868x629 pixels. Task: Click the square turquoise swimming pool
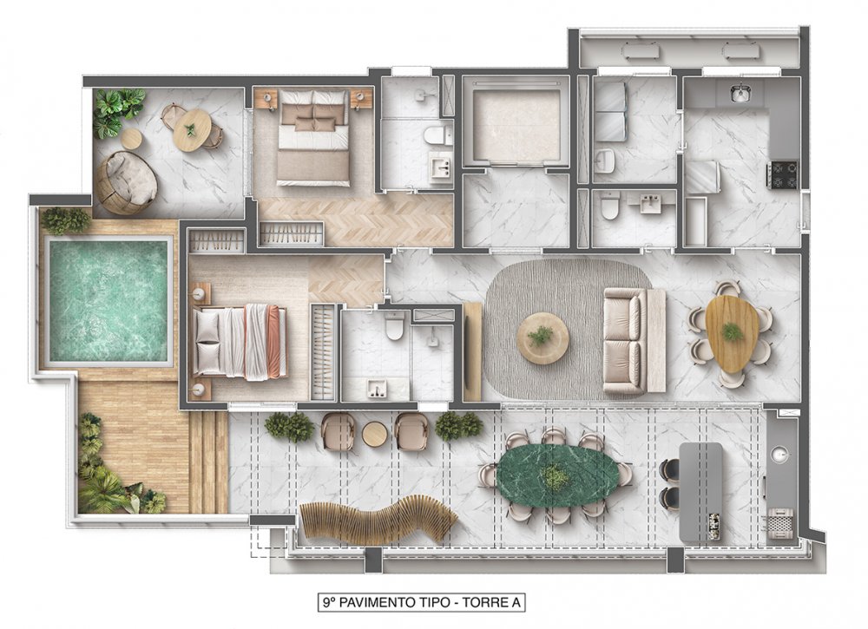click(x=108, y=301)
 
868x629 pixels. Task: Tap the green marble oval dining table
click(x=557, y=474)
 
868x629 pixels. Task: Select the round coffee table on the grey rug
click(x=542, y=338)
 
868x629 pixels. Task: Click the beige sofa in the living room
click(x=635, y=340)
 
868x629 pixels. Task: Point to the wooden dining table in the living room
click(x=731, y=333)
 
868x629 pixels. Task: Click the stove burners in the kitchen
click(x=782, y=174)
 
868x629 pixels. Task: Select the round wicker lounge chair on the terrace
click(x=127, y=182)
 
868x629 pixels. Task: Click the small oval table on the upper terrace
click(x=192, y=130)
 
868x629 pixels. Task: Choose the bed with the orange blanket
click(x=240, y=341)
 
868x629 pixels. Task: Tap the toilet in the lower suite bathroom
click(x=395, y=326)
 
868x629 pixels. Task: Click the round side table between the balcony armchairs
click(x=375, y=435)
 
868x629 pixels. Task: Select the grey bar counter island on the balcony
click(x=700, y=493)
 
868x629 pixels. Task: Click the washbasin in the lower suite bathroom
click(x=377, y=390)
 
